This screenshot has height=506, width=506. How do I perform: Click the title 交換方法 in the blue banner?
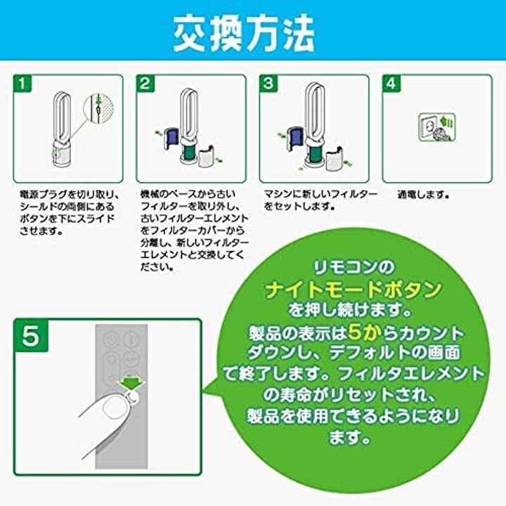pos(244,33)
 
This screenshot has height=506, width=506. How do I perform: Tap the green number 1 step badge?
pos(22,84)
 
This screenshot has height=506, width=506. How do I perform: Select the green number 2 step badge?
pos(145,84)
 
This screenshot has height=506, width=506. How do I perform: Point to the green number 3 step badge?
pos(268,84)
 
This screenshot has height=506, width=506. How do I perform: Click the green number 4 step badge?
pos(391,84)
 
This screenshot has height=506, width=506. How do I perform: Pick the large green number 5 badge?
pos(31,335)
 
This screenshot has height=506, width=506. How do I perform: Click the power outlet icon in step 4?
pos(437,127)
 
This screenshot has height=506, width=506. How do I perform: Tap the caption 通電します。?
pos(423,195)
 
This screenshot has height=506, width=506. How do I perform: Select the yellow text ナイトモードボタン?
pos(353,290)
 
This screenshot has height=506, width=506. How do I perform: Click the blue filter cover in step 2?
pos(171,138)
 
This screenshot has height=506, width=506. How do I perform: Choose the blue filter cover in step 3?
pos(294,138)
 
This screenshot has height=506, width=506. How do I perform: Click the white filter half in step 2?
pos(207,156)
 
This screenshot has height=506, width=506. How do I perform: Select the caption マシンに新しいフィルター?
pos(320,194)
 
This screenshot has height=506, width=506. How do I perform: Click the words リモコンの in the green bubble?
pos(354,268)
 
